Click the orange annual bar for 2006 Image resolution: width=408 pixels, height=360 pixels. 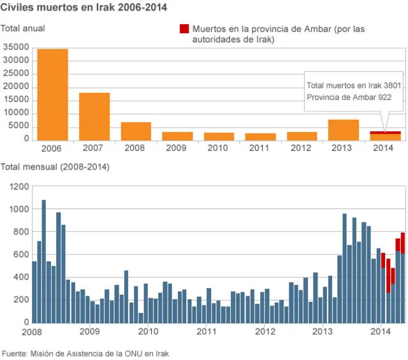tap(52, 94)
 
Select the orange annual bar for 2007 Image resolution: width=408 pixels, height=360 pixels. tap(94, 116)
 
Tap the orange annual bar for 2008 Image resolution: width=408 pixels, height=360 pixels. tap(136, 131)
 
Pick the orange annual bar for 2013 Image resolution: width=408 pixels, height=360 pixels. tap(344, 129)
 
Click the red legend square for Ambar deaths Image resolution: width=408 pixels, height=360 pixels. tap(184, 29)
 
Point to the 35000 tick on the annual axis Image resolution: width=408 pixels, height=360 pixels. tap(17, 47)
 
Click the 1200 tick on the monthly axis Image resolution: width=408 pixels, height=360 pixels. tap(19, 186)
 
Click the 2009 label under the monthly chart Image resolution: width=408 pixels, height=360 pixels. tap(90, 331)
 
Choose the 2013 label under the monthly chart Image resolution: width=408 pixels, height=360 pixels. tap(323, 331)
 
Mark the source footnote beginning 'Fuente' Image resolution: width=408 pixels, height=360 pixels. tap(86, 352)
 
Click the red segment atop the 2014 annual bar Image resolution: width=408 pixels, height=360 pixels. tap(386, 133)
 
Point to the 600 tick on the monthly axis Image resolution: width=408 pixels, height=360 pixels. tap(22, 254)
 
